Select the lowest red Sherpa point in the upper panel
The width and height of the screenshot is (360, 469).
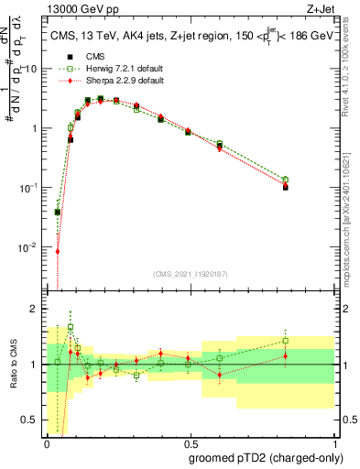coord(58,251)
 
